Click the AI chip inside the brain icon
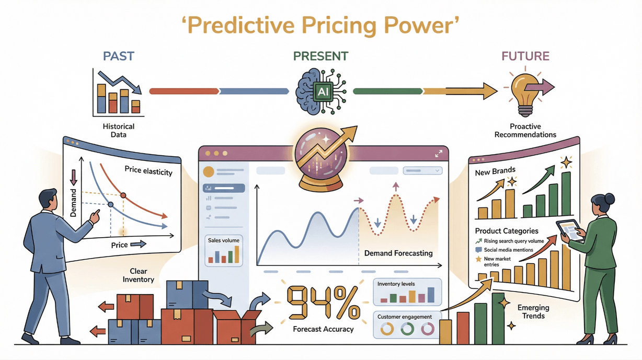321,92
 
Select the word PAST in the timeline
119,56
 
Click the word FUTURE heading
525,56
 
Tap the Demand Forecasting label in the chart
398,253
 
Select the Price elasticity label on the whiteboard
148,170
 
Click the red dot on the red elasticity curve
123,195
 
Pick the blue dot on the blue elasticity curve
110,204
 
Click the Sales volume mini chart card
224,250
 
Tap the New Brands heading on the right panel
495,170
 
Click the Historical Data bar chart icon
118,94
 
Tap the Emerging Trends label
533,311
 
